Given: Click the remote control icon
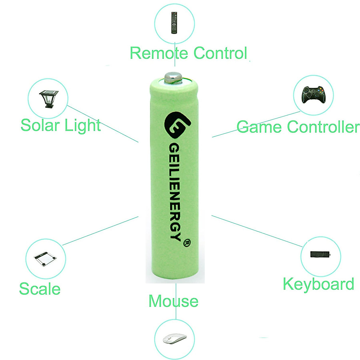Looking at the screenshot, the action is (x=174, y=22).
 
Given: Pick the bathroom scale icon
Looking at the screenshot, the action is (x=45, y=259).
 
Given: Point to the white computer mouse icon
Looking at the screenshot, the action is (x=174, y=339).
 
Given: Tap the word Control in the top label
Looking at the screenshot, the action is (x=220, y=53).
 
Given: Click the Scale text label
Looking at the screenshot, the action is (x=40, y=289).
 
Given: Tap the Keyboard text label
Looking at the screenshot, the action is (x=318, y=284).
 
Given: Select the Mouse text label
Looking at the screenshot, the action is (x=173, y=301).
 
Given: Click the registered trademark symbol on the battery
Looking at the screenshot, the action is (x=187, y=242).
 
